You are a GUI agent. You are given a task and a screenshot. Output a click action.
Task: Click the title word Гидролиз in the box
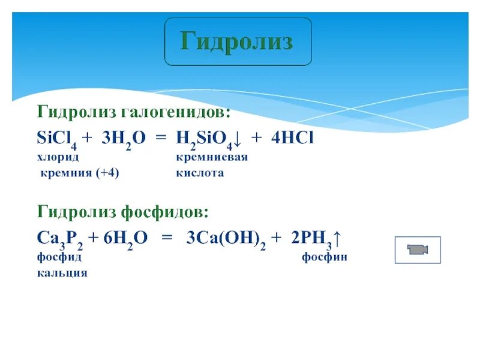pos(238,41)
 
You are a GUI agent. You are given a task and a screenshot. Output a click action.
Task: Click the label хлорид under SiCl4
pos(58,157)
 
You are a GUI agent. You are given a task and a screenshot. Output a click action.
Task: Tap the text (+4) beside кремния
pos(105,173)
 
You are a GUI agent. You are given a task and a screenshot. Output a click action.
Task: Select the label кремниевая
pos(212,157)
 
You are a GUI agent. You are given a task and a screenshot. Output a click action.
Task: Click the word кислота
pos(200,173)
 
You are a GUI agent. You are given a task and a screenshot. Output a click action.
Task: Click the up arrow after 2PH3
pos(338,238)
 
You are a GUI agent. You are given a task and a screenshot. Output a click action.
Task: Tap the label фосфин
pos(325,257)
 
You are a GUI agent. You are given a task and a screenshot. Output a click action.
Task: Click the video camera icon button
pos(418,250)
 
